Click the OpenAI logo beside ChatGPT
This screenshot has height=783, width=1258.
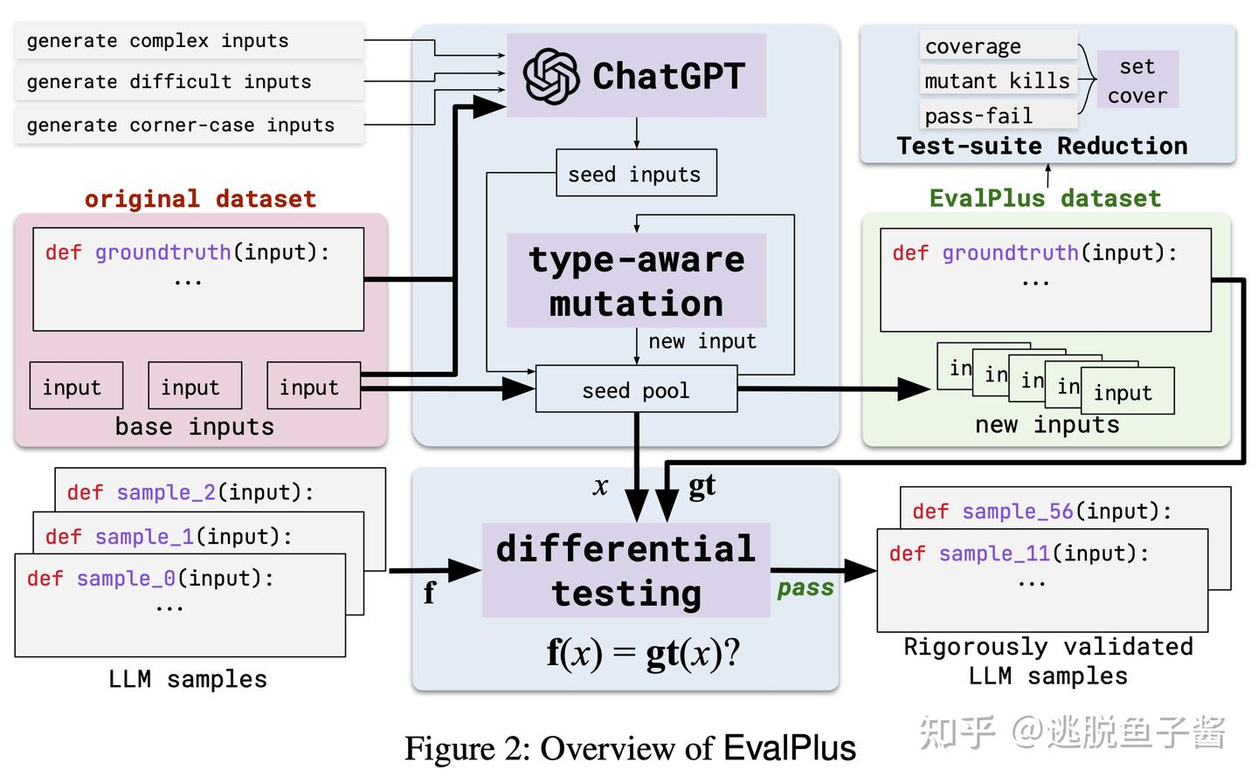tap(551, 76)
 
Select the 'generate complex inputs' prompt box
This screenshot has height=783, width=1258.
tap(190, 41)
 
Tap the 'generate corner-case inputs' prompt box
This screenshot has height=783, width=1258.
tap(190, 125)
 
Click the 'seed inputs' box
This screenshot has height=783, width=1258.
tap(636, 173)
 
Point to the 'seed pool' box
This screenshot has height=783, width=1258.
tap(636, 389)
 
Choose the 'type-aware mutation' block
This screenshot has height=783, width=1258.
tap(636, 281)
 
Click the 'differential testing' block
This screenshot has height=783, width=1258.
tap(626, 570)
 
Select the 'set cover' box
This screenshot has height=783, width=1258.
tap(1137, 79)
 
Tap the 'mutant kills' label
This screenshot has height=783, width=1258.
tap(998, 81)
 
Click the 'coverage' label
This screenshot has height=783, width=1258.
tap(972, 46)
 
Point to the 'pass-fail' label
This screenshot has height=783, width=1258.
tap(978, 115)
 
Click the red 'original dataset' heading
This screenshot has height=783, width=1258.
tap(201, 199)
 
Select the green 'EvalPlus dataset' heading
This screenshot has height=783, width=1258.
tap(1045, 198)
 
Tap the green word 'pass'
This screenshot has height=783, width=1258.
tap(805, 588)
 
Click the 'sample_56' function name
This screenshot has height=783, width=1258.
tap(1018, 512)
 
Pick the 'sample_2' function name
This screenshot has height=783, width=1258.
tap(166, 492)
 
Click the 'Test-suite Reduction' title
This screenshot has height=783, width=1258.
tap(1042, 146)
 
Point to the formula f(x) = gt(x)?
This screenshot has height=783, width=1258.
tap(644, 653)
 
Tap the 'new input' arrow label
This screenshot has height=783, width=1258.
tap(702, 341)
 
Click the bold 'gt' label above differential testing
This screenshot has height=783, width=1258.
tap(702, 486)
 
